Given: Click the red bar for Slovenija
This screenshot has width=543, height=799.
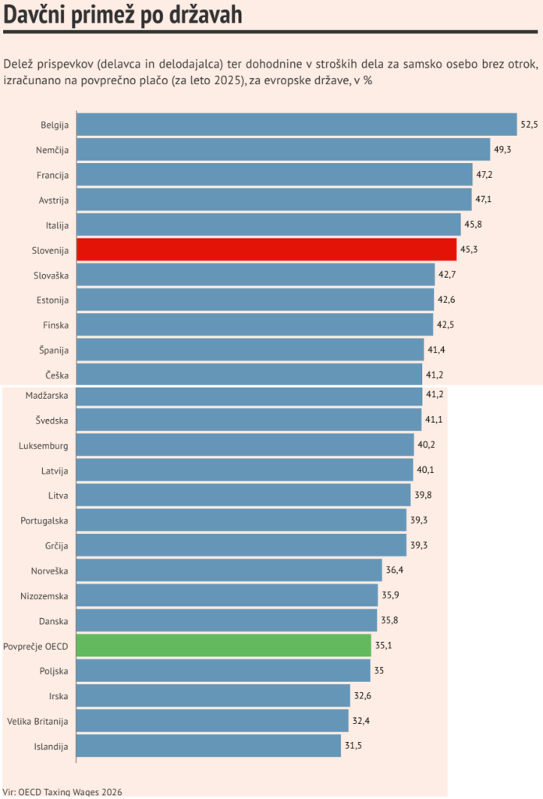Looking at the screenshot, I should (266, 250).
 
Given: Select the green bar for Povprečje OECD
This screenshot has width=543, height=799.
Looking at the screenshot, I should (224, 645).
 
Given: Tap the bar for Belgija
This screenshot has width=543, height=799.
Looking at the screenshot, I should (296, 125).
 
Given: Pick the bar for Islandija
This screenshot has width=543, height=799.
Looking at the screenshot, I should (208, 745).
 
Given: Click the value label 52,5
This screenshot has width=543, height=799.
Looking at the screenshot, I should (530, 125).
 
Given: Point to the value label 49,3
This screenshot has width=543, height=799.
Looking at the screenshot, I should (503, 150).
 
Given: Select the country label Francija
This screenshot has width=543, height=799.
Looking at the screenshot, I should (53, 175).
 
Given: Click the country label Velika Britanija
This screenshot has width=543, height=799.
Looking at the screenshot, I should (37, 720).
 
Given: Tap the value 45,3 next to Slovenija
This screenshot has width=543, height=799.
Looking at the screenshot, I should (469, 250).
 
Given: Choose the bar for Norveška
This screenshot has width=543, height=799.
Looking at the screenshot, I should (229, 570).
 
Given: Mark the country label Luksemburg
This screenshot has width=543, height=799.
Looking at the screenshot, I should (44, 446).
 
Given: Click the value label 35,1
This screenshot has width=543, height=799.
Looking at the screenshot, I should (384, 645).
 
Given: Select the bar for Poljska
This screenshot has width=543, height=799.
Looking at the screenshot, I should (223, 670).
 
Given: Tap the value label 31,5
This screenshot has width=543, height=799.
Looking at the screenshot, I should (353, 745).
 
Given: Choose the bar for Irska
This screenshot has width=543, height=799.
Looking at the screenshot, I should (213, 695).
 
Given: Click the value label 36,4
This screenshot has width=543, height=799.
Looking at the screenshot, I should (395, 570).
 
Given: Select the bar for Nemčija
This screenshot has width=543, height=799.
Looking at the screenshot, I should (284, 150).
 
